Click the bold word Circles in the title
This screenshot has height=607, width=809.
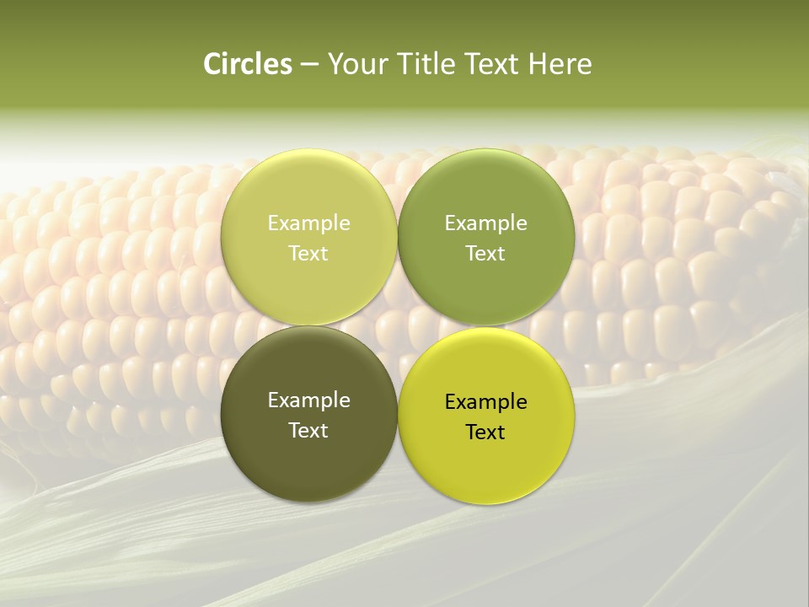tap(248, 64)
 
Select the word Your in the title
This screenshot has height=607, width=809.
tap(354, 64)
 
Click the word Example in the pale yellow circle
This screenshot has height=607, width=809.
tap(308, 223)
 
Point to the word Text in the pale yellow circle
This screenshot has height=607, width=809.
tap(308, 253)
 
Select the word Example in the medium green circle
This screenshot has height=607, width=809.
tap(486, 223)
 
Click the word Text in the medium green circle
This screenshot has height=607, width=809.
tap(486, 253)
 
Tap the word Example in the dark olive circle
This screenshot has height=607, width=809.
tap(308, 400)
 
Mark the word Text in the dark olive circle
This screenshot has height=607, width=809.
tap(308, 430)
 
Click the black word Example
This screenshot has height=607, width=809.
tap(486, 402)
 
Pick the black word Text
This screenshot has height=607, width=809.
tap(486, 432)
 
